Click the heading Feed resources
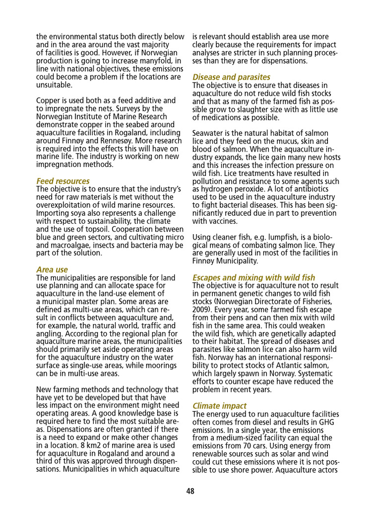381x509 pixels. point(63,181)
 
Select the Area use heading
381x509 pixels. point(52,269)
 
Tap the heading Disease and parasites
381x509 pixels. point(231,77)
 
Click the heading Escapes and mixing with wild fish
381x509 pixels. point(254,277)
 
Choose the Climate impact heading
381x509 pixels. point(219,406)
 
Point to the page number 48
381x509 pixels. point(190,491)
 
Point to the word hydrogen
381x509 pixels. point(214,189)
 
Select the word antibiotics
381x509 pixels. point(318,189)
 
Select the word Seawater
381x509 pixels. point(209,133)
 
